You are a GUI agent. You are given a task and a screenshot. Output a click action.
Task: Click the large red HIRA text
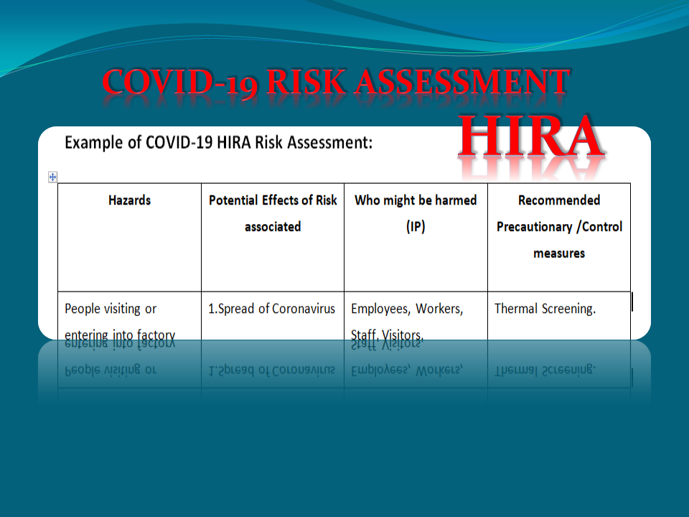(x=531, y=136)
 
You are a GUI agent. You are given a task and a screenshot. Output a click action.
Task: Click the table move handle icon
(x=52, y=177)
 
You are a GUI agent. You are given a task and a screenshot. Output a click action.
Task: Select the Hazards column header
(x=129, y=200)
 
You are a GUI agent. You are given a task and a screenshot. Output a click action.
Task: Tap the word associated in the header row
(x=273, y=227)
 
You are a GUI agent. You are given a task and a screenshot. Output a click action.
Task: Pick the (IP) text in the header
(x=416, y=227)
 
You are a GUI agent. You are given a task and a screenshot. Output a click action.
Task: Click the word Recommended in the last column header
(x=559, y=200)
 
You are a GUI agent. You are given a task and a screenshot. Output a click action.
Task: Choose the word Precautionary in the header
(x=534, y=227)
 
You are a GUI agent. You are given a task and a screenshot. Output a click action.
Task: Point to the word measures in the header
(x=559, y=253)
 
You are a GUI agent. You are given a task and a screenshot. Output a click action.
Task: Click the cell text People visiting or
(x=111, y=309)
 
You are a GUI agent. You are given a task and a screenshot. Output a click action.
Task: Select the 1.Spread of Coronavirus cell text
(x=272, y=309)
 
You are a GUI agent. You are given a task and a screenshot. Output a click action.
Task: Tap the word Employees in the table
(x=380, y=309)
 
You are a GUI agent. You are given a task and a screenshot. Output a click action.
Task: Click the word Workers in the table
(x=440, y=309)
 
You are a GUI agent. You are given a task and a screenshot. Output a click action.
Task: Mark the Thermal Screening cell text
(x=545, y=309)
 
